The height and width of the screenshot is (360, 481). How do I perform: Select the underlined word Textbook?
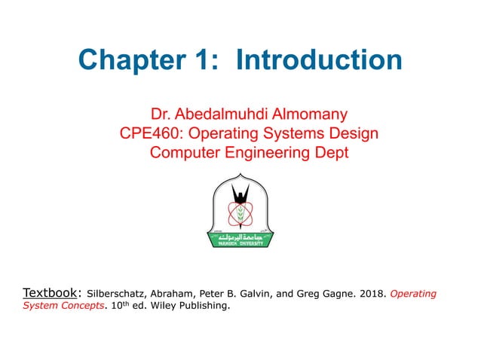(51, 292)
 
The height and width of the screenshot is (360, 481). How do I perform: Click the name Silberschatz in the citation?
(115, 294)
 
